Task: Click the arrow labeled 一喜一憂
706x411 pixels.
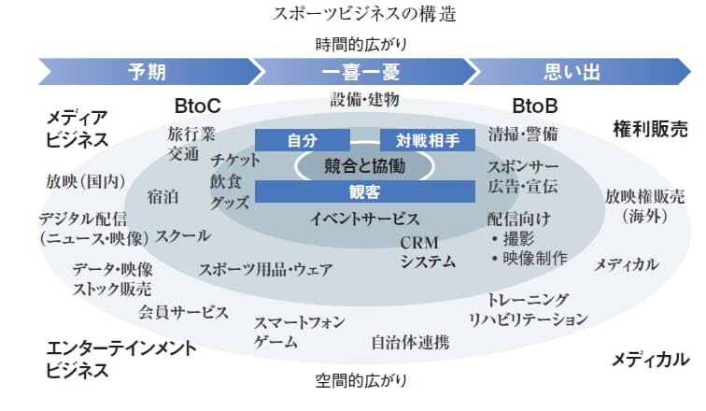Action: [x=360, y=71]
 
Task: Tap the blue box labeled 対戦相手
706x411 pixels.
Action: [x=428, y=140]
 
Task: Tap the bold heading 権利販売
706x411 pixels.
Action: [x=650, y=127]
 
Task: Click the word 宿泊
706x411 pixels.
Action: [x=162, y=196]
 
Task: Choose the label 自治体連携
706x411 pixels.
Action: [x=410, y=342]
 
